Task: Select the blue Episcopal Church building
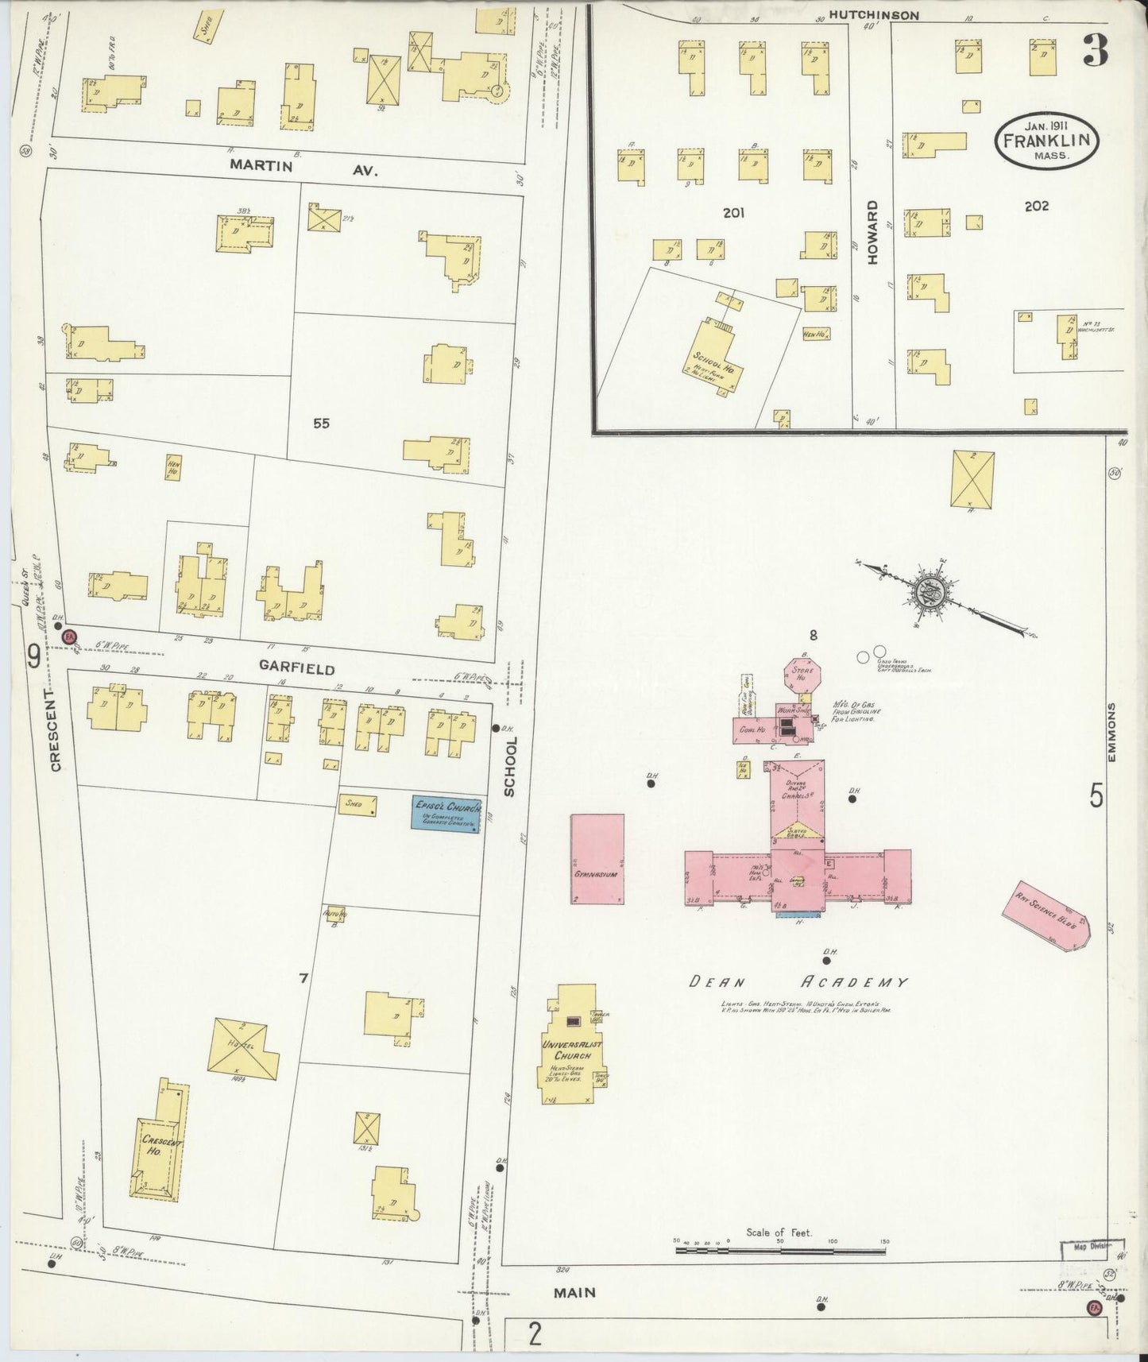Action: pyautogui.click(x=446, y=814)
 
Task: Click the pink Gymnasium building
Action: pyautogui.click(x=597, y=858)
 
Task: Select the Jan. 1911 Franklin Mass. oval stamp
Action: pyautogui.click(x=1046, y=141)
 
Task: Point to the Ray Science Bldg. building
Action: pyautogui.click(x=1052, y=915)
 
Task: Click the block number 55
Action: pyautogui.click(x=321, y=424)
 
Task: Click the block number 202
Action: pyautogui.click(x=1036, y=206)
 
